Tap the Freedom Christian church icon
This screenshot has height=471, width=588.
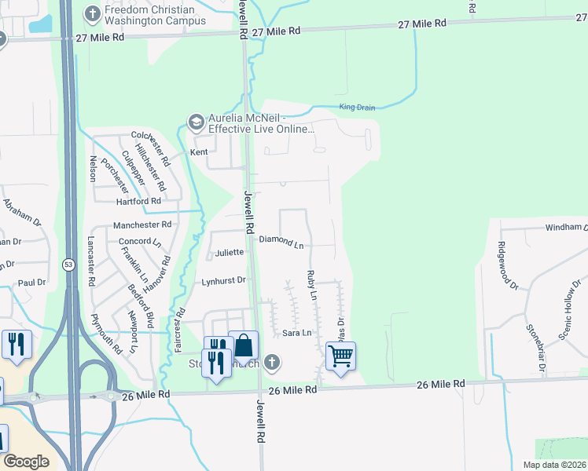[92, 14]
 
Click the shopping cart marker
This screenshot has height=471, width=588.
[340, 356]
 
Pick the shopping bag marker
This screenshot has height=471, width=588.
[244, 345]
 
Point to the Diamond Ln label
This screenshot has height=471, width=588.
[281, 241]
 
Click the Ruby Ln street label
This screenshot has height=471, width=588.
[311, 286]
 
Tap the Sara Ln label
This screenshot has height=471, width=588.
[297, 333]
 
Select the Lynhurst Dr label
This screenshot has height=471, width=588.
[224, 279]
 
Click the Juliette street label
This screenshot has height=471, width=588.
[229, 253]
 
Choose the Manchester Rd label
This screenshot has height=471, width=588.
[141, 225]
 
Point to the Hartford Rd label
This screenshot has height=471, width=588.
[138, 201]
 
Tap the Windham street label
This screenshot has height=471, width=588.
[566, 228]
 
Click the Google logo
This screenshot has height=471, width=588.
[26, 462]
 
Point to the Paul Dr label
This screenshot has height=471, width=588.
[31, 283]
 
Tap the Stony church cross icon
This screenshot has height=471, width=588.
[271, 362]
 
